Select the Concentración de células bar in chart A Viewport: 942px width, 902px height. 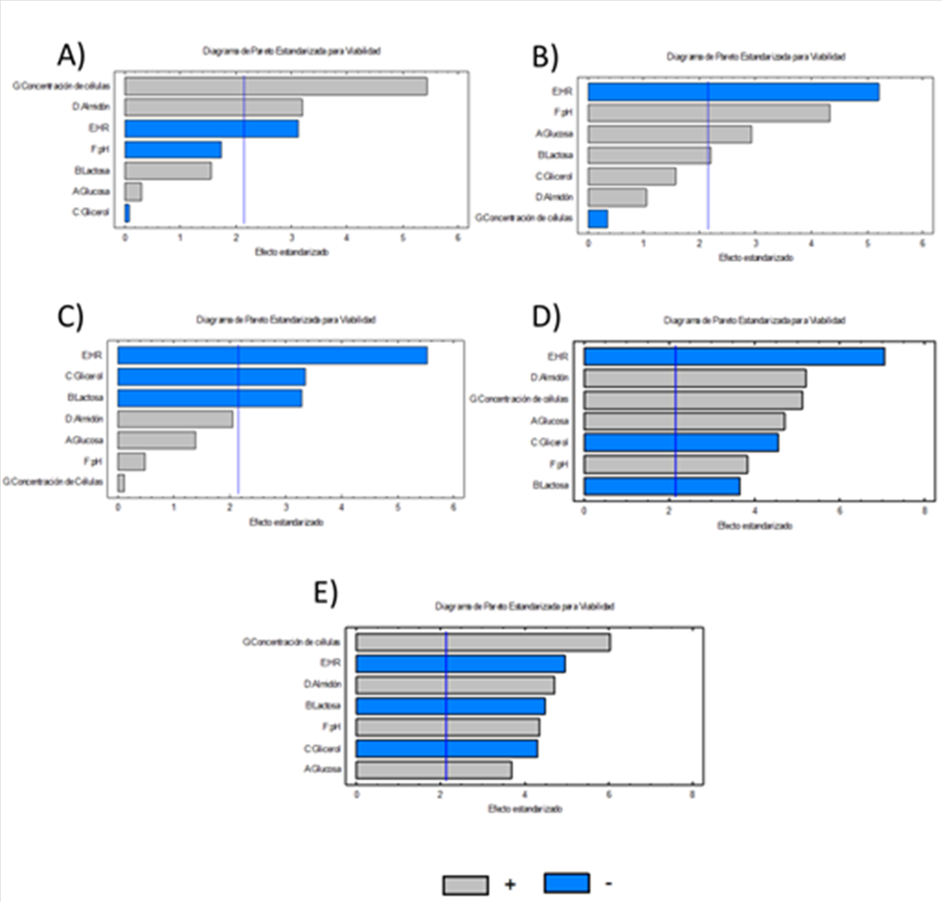(276, 86)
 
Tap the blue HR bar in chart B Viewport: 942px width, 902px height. (732, 92)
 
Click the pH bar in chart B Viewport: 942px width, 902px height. (709, 113)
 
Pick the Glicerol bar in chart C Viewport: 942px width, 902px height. (211, 377)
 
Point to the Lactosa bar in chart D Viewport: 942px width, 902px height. (662, 485)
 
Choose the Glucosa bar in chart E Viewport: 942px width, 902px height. (434, 770)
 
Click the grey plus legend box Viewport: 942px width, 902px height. (466, 885)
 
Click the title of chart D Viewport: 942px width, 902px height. (754, 319)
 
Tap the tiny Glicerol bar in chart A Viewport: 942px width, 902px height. (127, 212)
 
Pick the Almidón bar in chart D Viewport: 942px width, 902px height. (695, 378)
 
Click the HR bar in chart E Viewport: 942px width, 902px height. (460, 664)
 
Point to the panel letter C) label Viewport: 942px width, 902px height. (70, 316)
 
